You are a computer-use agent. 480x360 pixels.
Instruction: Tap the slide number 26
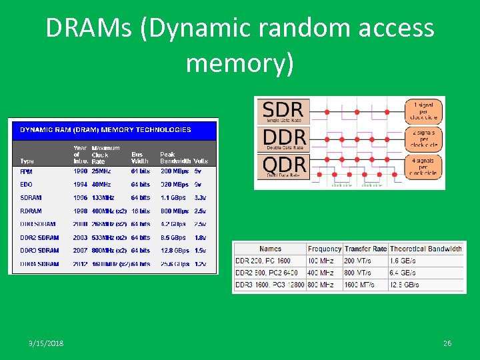coord(447,343)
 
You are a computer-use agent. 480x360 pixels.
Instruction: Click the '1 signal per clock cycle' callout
coord(425,111)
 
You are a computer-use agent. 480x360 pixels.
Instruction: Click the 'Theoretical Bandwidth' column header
coord(426,249)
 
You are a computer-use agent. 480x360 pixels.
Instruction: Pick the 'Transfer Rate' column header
coord(365,249)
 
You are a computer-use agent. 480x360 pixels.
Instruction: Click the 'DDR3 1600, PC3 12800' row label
coord(270,285)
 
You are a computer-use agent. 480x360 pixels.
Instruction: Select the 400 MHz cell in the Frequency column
coord(321,273)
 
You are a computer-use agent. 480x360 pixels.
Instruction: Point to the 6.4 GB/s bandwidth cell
coord(404,273)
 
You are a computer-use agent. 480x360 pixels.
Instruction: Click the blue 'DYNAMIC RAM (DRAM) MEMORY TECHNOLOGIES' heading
coord(105,129)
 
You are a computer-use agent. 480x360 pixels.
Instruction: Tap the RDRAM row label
coord(31,211)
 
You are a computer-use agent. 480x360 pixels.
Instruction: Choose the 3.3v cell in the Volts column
coord(201,197)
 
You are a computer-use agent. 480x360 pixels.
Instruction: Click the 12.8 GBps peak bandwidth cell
coord(175,251)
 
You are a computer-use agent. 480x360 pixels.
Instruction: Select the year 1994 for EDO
coord(81,184)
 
